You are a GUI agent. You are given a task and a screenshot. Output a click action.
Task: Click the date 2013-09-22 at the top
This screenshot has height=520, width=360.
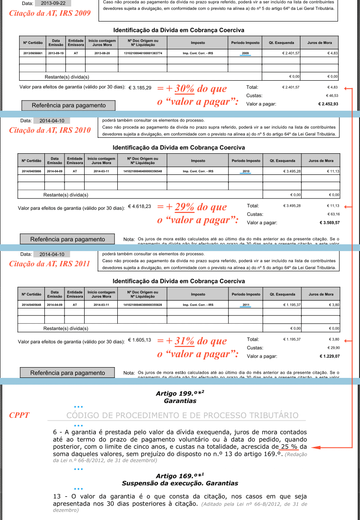tap(52, 3)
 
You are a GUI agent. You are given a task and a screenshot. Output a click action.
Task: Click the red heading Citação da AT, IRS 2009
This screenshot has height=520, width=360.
tap(50, 13)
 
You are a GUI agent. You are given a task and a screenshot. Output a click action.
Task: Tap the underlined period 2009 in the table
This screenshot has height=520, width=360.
tap(245, 53)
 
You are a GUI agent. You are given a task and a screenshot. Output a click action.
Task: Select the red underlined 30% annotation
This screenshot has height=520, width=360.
tap(184, 88)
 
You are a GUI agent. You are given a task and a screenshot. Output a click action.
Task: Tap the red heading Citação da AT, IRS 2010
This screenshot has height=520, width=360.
tap(50, 130)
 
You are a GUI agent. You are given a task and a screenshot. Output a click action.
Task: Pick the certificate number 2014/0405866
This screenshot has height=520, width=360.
tap(31, 171)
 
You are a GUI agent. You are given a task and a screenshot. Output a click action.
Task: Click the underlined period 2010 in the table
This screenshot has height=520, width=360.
tap(245, 171)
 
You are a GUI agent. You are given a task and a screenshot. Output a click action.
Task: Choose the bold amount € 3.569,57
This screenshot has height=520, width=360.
tap(329, 222)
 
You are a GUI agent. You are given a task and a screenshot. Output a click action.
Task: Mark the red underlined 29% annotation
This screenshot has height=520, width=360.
tap(184, 207)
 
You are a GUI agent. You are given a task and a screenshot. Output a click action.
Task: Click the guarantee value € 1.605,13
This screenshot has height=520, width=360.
tap(139, 340)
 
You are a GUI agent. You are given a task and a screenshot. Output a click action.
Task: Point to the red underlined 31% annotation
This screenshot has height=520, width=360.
tap(184, 341)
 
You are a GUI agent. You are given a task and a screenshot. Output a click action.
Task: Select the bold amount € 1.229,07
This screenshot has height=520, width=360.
tap(329, 356)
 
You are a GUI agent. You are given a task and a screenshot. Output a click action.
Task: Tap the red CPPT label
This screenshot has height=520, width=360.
tap(19, 415)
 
